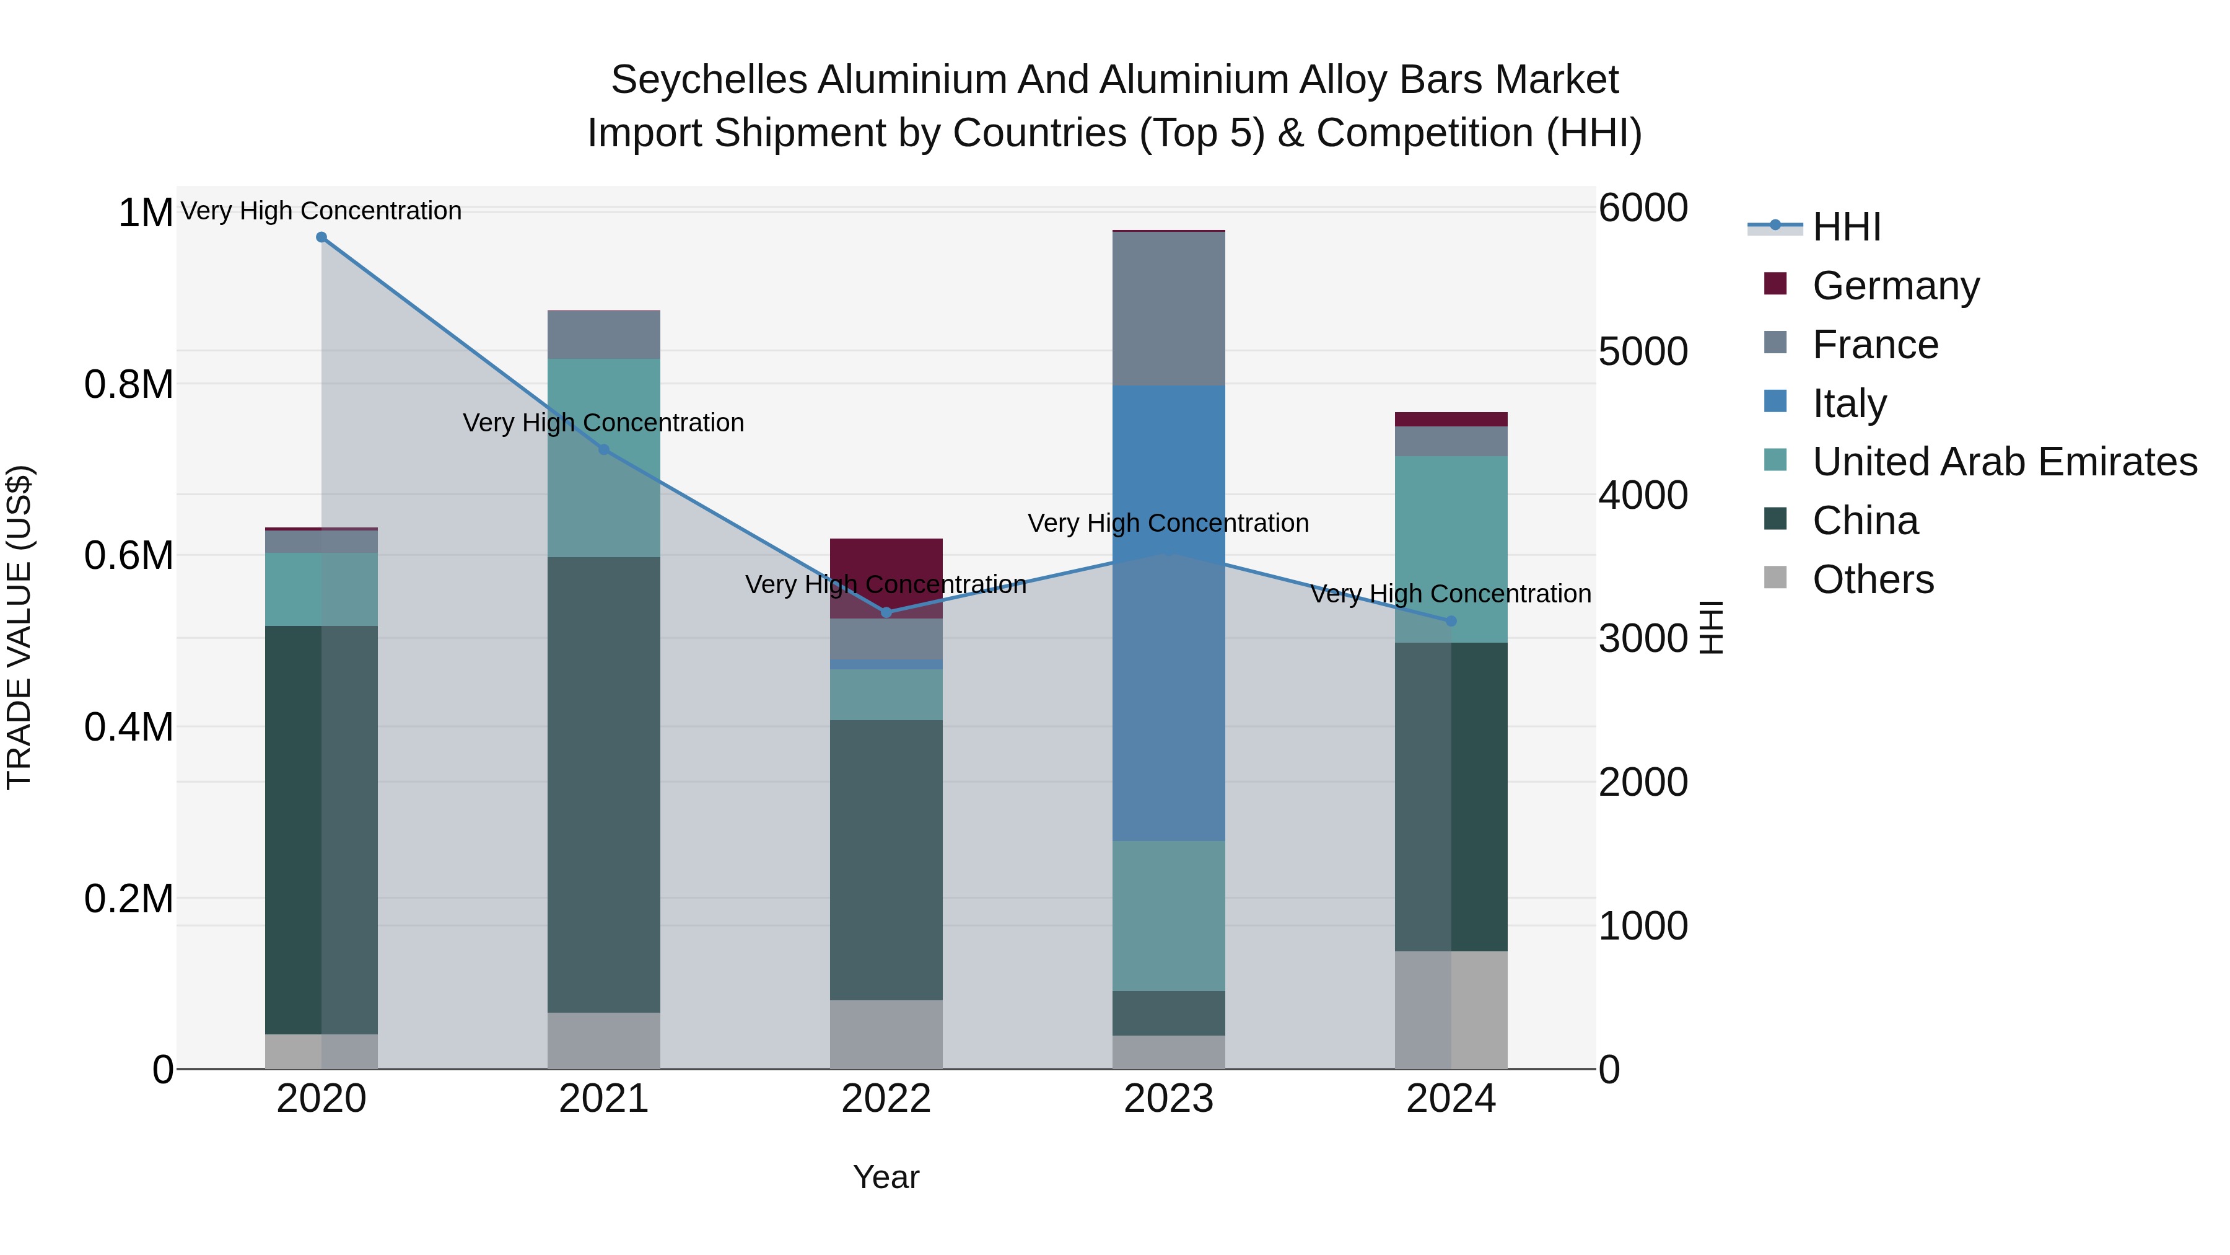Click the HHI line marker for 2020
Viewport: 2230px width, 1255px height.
point(321,237)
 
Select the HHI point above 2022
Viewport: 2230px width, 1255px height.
point(886,612)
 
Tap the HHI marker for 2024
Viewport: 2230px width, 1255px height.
point(1451,621)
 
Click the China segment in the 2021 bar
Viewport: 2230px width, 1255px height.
point(603,784)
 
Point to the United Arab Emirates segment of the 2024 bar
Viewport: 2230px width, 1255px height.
point(1451,548)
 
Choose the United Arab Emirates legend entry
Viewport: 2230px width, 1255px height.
point(2003,462)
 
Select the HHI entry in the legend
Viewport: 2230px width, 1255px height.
point(1846,227)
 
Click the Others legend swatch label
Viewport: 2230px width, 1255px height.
point(1873,579)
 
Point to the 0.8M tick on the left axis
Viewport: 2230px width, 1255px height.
point(128,384)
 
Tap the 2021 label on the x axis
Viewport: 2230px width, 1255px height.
point(603,1099)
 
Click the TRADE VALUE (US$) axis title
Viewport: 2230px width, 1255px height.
point(19,627)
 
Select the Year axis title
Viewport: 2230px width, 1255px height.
point(886,1177)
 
